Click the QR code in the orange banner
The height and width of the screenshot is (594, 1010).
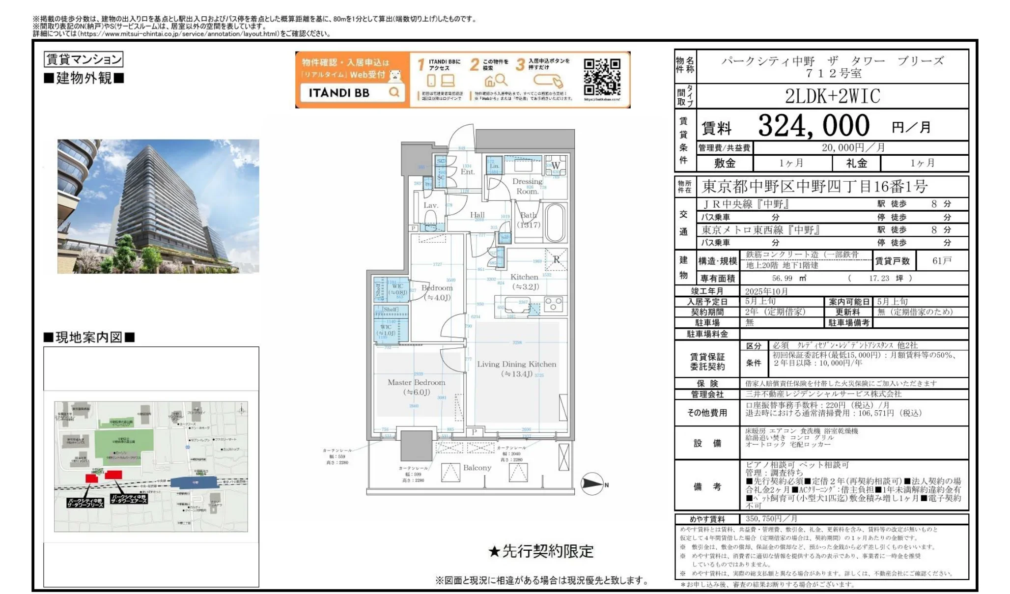(x=602, y=77)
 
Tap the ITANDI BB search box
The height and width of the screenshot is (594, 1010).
(x=353, y=92)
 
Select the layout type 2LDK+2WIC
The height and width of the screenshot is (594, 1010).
(x=832, y=96)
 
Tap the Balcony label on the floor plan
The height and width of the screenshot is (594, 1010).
(x=477, y=468)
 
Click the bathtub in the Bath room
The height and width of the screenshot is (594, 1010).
(x=555, y=223)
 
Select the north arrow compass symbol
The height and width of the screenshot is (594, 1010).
(x=592, y=484)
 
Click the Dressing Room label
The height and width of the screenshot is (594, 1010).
(x=527, y=186)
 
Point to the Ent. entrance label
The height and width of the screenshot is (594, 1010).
(x=467, y=171)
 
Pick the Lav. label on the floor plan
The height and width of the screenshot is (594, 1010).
(x=431, y=205)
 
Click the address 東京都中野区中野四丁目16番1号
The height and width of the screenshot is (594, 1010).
(x=814, y=187)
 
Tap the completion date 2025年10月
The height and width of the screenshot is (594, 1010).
(x=766, y=291)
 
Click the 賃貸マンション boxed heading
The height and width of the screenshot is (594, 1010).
(x=83, y=59)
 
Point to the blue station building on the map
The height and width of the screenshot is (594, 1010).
(x=195, y=482)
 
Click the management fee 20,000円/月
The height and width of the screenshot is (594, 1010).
(x=853, y=147)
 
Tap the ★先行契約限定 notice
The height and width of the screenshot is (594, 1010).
(x=540, y=551)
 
